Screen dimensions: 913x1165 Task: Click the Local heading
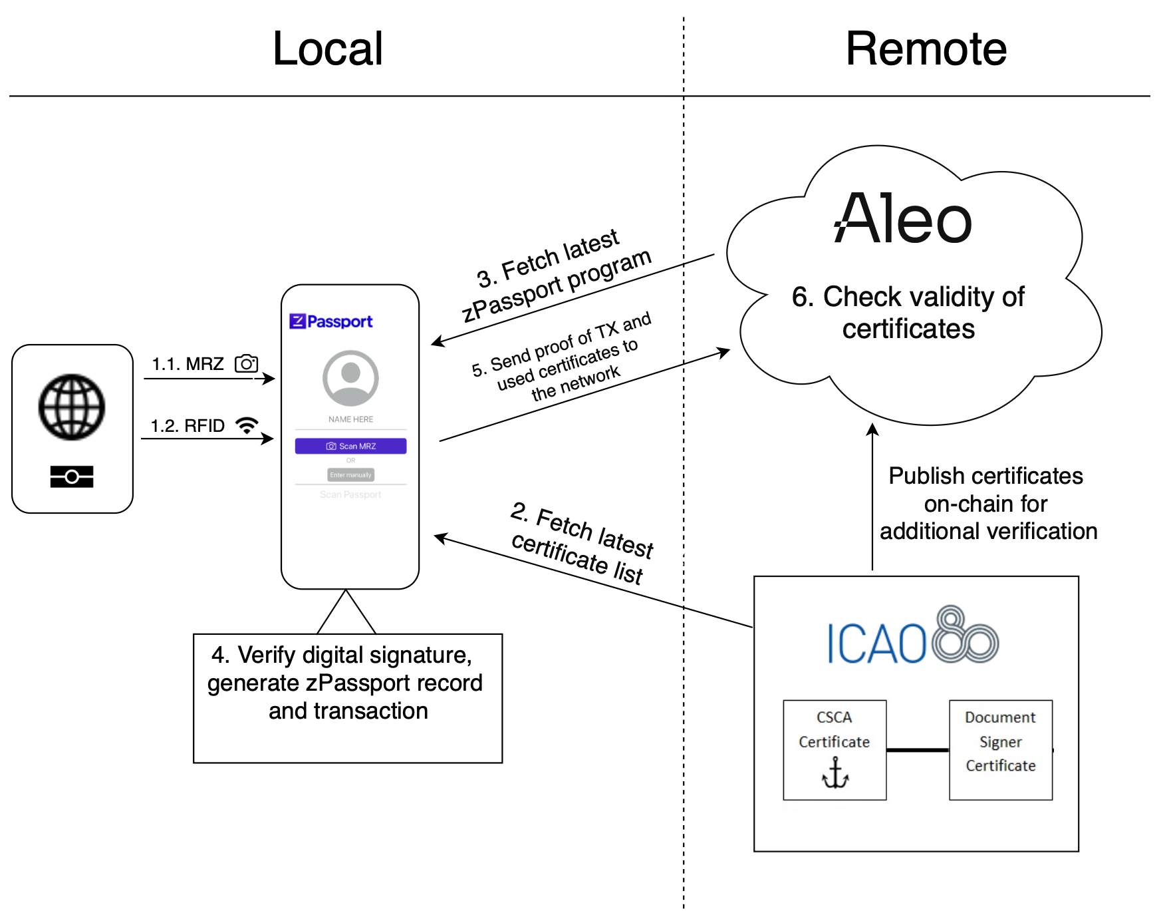pyautogui.click(x=327, y=49)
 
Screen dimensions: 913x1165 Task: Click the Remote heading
pyautogui.click(x=926, y=49)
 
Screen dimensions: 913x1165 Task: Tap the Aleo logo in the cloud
pyautogui.click(x=903, y=218)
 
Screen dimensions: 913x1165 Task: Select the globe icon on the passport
pyautogui.click(x=72, y=407)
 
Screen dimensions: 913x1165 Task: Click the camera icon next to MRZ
pyautogui.click(x=246, y=363)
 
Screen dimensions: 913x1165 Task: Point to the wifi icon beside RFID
pyautogui.click(x=247, y=425)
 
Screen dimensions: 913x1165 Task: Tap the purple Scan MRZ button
pyautogui.click(x=350, y=446)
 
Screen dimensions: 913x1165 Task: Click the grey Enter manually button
pyautogui.click(x=350, y=474)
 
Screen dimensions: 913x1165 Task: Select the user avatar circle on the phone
pyautogui.click(x=350, y=378)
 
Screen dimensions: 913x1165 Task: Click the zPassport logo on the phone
pyautogui.click(x=331, y=321)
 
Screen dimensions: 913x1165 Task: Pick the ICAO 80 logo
pyautogui.click(x=912, y=638)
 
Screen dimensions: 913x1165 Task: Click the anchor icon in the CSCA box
pyautogui.click(x=835, y=773)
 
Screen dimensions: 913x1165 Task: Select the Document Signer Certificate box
pyautogui.click(x=1000, y=749)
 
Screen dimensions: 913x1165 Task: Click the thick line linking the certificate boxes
pyautogui.click(x=918, y=750)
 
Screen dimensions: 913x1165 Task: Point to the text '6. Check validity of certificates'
pyautogui.click(x=908, y=312)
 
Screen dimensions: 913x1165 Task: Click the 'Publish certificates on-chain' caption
pyautogui.click(x=987, y=503)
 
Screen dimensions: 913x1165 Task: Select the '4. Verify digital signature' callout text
pyautogui.click(x=346, y=683)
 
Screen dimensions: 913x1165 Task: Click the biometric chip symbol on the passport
pyautogui.click(x=72, y=476)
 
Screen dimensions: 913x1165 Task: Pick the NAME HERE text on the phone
pyautogui.click(x=350, y=419)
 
